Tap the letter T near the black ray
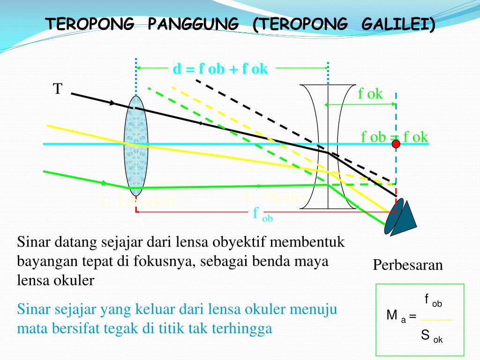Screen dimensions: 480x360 pos(58,89)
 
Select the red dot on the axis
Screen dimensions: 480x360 pos(396,144)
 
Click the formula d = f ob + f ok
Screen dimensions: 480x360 pos(220,69)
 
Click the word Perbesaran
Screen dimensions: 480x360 pos(408,265)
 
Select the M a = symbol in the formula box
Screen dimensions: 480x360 pos(401,316)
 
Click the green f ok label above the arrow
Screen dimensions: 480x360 pos(370,94)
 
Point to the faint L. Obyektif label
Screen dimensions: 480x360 pos(138,201)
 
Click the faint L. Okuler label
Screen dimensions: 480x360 pos(275,197)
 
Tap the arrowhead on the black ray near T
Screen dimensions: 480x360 pos(112,103)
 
